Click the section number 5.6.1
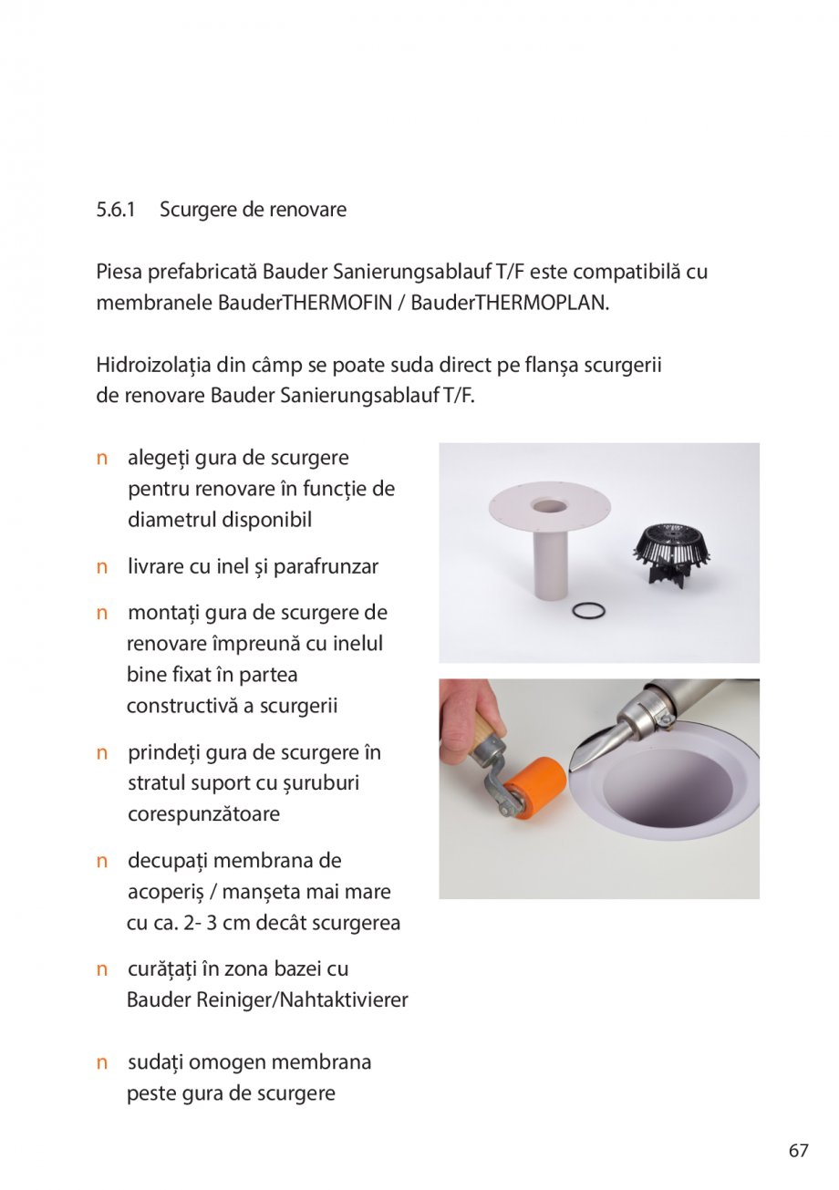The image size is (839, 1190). [116, 210]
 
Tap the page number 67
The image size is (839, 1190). [798, 1150]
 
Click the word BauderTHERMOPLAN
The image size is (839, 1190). [510, 303]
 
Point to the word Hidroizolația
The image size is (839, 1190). [151, 367]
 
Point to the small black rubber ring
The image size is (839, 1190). [588, 610]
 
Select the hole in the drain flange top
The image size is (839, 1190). [549, 504]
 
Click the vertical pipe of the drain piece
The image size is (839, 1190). [550, 565]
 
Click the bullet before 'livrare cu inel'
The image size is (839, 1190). [102, 567]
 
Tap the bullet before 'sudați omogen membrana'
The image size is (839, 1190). [102, 1063]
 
